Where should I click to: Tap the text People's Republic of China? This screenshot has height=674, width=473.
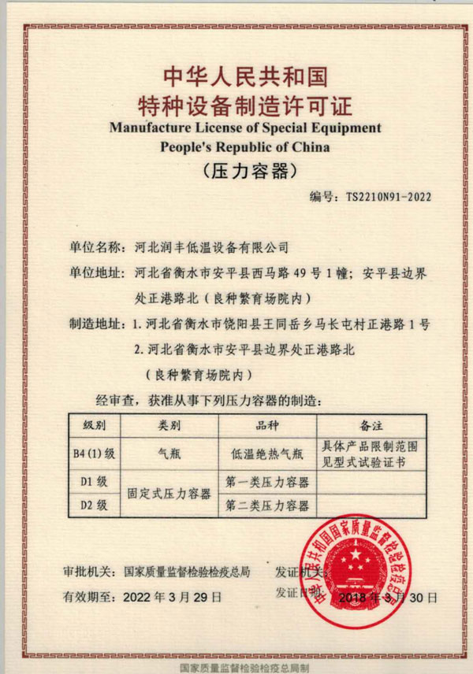click(x=244, y=146)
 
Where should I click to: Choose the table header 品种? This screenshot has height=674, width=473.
click(x=267, y=425)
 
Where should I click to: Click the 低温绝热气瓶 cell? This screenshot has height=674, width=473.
click(x=267, y=454)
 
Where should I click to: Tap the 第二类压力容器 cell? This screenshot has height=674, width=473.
click(x=267, y=505)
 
